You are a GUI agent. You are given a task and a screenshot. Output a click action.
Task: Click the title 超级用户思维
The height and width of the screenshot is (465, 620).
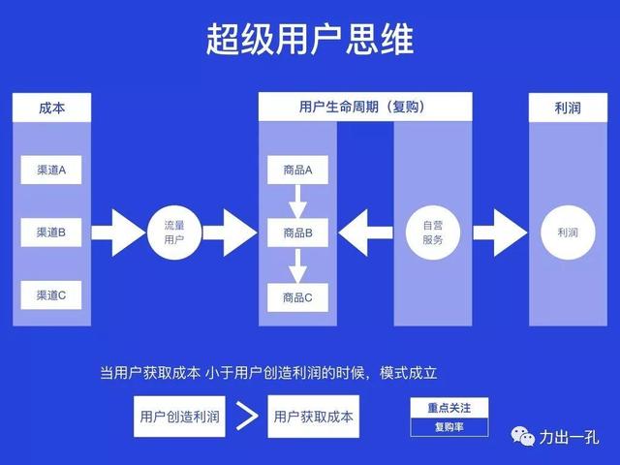[309, 40]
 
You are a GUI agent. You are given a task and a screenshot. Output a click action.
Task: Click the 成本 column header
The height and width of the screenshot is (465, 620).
[51, 108]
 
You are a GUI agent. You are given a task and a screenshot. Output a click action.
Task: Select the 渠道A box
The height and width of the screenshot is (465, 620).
[51, 170]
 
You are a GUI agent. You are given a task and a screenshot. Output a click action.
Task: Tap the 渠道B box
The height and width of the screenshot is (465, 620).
[51, 232]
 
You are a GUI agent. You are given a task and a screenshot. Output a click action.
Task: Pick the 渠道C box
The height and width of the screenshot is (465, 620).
[51, 295]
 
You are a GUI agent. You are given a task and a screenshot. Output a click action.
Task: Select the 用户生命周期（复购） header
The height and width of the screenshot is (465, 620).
[364, 107]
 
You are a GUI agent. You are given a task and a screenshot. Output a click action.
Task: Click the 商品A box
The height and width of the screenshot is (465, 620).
[297, 170]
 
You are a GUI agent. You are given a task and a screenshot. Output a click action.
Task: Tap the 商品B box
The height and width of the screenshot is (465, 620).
[297, 232]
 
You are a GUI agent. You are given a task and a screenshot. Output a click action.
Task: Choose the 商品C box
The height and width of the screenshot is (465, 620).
[297, 296]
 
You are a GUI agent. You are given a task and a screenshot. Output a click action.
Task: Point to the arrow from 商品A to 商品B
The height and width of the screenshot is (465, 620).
[297, 201]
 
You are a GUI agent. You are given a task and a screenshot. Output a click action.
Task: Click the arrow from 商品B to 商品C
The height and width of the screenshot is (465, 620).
[297, 264]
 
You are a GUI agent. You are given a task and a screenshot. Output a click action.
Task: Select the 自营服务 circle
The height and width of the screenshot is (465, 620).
[432, 232]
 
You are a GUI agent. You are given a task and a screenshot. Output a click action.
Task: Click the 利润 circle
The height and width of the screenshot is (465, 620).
[568, 232]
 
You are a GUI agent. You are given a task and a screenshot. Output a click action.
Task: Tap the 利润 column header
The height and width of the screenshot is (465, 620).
[568, 108]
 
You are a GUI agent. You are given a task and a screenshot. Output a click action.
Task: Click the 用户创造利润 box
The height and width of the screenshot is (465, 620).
[179, 417]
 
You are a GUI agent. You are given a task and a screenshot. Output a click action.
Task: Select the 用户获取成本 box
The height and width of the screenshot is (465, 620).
[313, 417]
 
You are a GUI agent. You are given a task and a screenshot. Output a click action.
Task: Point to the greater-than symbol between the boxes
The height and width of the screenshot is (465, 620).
[247, 417]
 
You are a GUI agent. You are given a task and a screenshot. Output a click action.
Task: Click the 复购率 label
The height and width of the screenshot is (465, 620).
[449, 426]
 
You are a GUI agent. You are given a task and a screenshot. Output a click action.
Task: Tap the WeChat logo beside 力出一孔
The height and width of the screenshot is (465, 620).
[524, 436]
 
